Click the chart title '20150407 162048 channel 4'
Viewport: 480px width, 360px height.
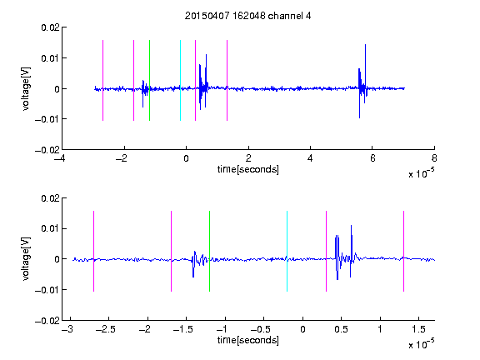pyautogui.click(x=247, y=16)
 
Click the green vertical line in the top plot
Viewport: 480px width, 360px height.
pyautogui.click(x=149, y=80)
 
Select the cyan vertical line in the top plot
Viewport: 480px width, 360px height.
pyautogui.click(x=180, y=80)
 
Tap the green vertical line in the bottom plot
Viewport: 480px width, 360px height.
pyautogui.click(x=209, y=251)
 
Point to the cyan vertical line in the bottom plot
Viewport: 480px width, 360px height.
pyautogui.click(x=287, y=251)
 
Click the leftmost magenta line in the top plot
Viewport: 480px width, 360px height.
pyautogui.click(x=102, y=80)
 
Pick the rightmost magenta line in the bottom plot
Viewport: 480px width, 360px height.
pyautogui.click(x=403, y=251)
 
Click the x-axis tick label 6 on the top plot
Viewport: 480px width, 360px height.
pyautogui.click(x=372, y=158)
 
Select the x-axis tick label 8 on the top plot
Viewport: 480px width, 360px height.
pyautogui.click(x=434, y=158)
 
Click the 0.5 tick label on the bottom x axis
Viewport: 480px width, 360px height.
pyautogui.click(x=341, y=329)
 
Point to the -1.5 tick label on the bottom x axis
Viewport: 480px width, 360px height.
pyautogui.click(x=182, y=329)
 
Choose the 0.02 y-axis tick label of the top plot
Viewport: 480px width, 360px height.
pyautogui.click(x=50, y=27)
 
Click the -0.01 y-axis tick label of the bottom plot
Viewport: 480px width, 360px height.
pyautogui.click(x=47, y=290)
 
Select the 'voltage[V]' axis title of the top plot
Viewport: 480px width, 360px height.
pyautogui.click(x=26, y=89)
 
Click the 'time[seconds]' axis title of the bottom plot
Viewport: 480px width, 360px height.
pyautogui.click(x=248, y=340)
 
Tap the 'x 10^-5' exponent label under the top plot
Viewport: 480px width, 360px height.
pyautogui.click(x=421, y=172)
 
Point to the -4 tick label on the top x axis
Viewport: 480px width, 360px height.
pyautogui.click(x=60, y=158)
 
